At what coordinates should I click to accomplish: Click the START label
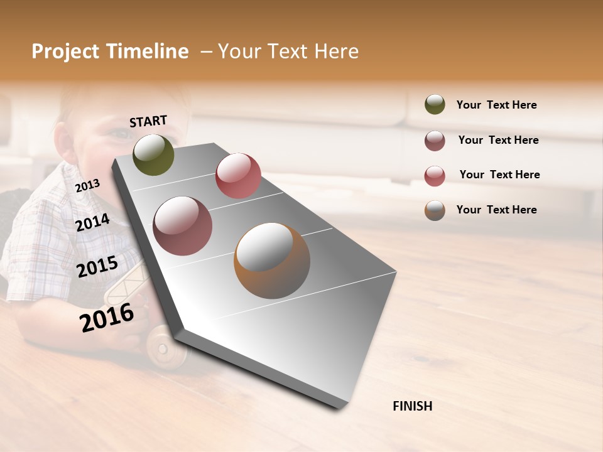coord(148,121)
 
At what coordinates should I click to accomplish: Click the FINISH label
coord(412,406)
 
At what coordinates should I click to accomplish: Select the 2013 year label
coord(87,185)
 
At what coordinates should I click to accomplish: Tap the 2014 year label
coord(92,222)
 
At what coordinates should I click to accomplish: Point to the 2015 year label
coord(97,267)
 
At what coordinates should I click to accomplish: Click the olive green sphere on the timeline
coord(153,154)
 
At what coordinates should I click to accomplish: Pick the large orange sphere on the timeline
coord(272,261)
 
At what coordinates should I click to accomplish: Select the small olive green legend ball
coord(435,104)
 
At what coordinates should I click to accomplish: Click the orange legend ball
coord(435,210)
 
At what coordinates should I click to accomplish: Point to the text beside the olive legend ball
coord(496,105)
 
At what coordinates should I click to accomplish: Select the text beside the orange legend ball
coord(496,210)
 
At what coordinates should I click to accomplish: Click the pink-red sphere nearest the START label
coord(238,175)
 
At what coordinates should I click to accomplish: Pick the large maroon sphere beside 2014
coord(183,225)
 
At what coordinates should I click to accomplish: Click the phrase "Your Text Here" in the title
coord(288,51)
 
